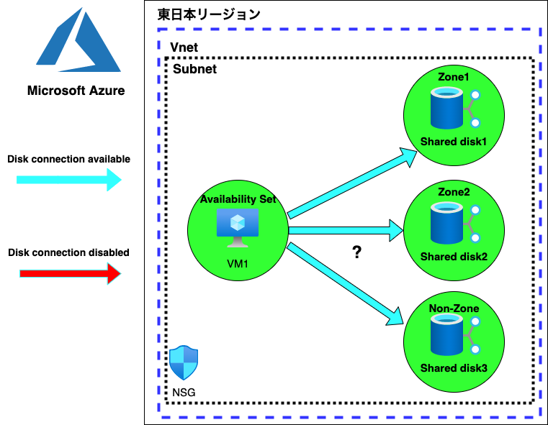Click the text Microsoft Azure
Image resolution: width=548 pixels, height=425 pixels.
[x=76, y=91]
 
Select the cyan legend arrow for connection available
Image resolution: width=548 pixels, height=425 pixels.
[x=69, y=180]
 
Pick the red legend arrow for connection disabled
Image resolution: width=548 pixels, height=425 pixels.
[x=69, y=273]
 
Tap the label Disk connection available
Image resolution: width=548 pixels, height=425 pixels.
[x=69, y=159]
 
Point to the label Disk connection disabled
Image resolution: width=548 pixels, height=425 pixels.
[x=69, y=252]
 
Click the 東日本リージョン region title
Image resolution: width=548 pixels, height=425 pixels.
[x=209, y=14]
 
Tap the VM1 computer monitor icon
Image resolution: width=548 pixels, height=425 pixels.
[x=238, y=224]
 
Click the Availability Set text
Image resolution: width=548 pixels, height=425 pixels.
[x=238, y=199]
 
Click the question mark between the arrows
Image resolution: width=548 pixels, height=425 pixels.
[x=356, y=252]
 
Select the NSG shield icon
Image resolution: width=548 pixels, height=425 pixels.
[x=184, y=363]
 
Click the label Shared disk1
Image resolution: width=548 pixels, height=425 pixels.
[x=454, y=141]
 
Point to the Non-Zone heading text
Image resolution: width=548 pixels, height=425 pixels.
[x=454, y=309]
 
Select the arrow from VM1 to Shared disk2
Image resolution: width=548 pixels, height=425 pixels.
[x=346, y=230]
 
